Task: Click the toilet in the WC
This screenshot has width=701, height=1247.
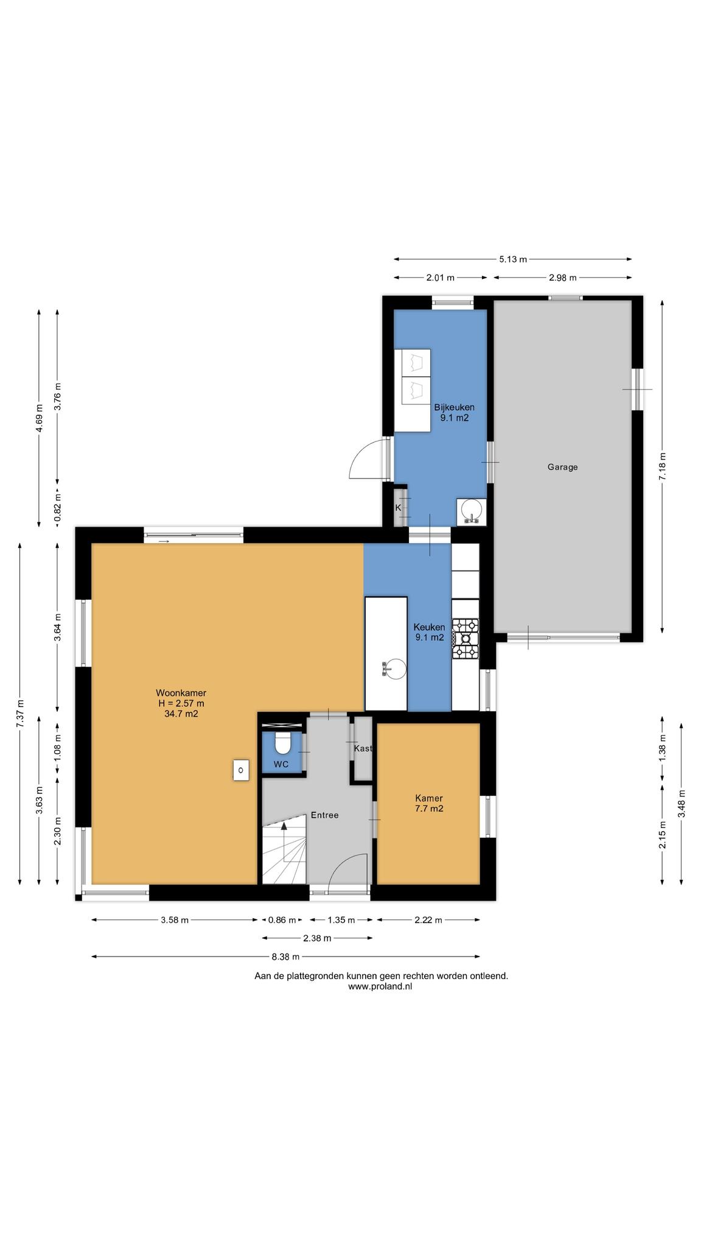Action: [x=282, y=743]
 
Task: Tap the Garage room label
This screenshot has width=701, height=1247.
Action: [x=562, y=467]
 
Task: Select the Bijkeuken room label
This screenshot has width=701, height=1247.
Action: [x=454, y=407]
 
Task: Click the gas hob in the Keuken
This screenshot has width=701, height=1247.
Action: [x=466, y=638]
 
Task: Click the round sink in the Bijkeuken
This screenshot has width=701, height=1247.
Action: [x=471, y=510]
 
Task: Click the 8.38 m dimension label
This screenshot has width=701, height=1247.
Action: [x=285, y=957]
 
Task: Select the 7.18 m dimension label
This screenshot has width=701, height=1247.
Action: [x=662, y=466]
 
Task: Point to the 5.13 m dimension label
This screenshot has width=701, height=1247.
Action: [x=512, y=259]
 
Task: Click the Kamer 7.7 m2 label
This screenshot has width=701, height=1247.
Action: [x=429, y=803]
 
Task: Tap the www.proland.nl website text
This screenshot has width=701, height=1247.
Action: [x=380, y=986]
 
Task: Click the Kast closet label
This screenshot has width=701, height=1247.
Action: [x=363, y=748]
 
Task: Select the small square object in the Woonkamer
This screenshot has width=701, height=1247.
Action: [x=242, y=770]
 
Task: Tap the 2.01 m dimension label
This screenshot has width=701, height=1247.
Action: [x=441, y=278]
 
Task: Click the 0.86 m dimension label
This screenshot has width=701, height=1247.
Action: [x=282, y=920]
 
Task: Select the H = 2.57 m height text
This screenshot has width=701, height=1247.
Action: [x=181, y=703]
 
